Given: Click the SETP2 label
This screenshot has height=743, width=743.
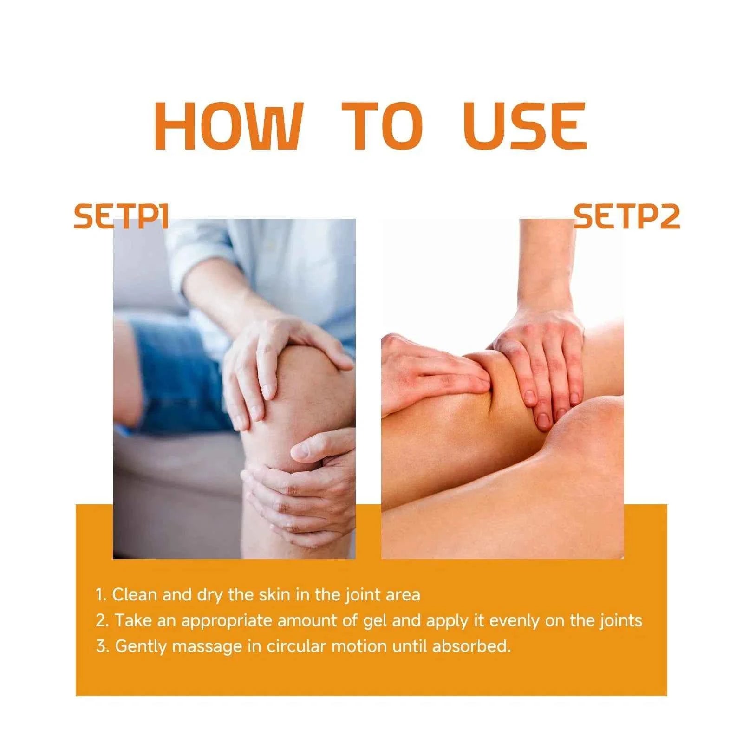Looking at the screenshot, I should tap(626, 217).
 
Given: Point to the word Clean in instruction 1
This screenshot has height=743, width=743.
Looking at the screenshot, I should tap(134, 595).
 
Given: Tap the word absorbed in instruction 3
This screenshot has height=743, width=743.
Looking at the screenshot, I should tap(471, 646).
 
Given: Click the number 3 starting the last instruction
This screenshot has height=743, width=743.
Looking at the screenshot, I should tap(101, 646).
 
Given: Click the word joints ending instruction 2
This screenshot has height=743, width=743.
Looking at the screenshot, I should tap(620, 621).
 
